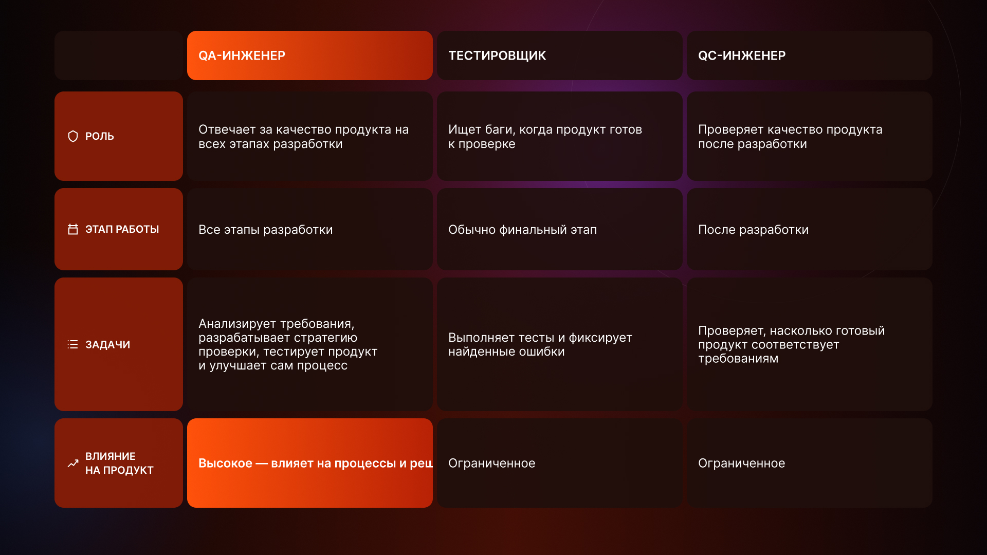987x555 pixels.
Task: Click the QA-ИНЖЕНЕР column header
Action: (x=242, y=55)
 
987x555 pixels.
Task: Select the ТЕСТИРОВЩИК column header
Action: (x=497, y=55)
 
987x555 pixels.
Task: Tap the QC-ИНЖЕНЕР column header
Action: (x=742, y=55)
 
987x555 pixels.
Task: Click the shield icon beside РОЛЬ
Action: (x=73, y=136)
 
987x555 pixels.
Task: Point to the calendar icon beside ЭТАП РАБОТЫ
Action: (x=73, y=229)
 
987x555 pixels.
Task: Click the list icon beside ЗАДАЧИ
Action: (x=73, y=344)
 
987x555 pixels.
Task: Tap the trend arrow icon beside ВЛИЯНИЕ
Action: (x=73, y=463)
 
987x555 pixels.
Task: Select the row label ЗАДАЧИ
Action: (x=107, y=344)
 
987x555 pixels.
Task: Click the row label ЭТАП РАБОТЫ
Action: (x=122, y=229)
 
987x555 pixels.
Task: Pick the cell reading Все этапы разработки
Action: (x=265, y=230)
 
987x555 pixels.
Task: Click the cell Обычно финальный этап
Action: (x=522, y=230)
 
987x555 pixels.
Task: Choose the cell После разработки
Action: (x=753, y=230)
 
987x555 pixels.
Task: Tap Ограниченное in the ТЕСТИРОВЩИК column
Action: (x=491, y=463)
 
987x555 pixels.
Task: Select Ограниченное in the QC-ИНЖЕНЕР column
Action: (x=741, y=463)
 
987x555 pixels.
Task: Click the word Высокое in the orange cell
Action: (x=225, y=463)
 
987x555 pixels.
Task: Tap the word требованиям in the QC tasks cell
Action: (x=738, y=358)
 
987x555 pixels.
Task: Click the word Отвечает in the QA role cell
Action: (x=227, y=129)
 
